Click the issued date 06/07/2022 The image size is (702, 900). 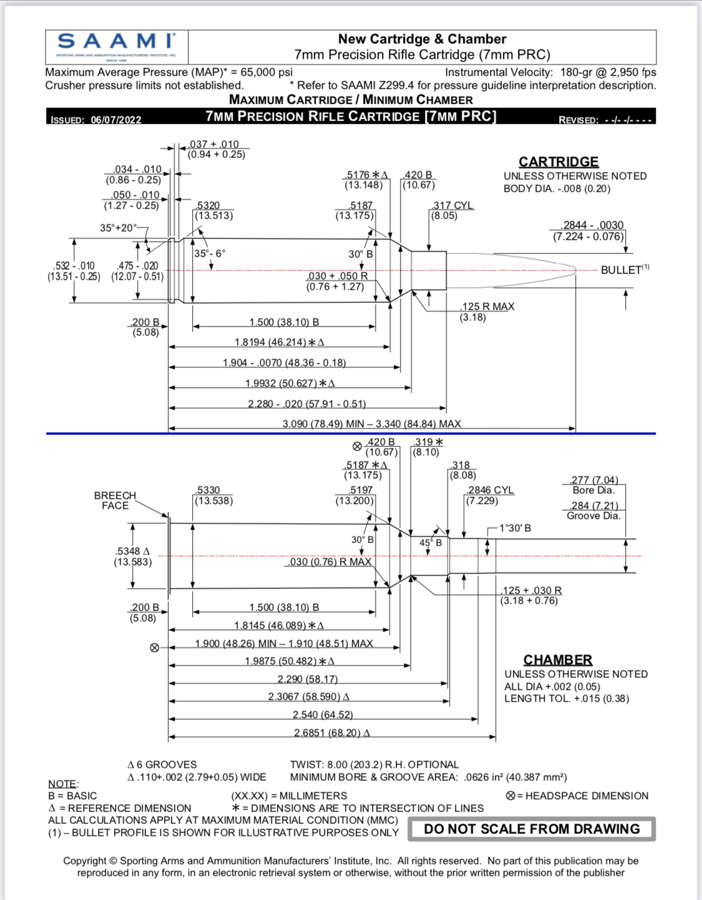click(116, 120)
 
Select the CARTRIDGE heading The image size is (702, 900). click(558, 162)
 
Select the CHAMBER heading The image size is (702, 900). click(558, 660)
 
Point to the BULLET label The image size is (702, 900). click(622, 270)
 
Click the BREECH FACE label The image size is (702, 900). click(115, 501)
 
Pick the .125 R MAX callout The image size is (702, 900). click(487, 307)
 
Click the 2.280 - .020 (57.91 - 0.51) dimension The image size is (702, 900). click(306, 404)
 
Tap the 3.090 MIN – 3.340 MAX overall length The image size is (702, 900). click(371, 424)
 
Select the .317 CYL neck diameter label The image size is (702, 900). click(452, 206)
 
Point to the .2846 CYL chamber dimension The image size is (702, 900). click(490, 491)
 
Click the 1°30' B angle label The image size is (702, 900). click(515, 528)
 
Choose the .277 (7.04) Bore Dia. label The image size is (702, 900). click(593, 485)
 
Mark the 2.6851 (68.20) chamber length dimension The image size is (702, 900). click(331, 732)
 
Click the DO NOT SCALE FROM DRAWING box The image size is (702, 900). click(532, 829)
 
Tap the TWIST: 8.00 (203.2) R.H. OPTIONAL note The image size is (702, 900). click(374, 765)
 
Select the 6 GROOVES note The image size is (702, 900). click(162, 765)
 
